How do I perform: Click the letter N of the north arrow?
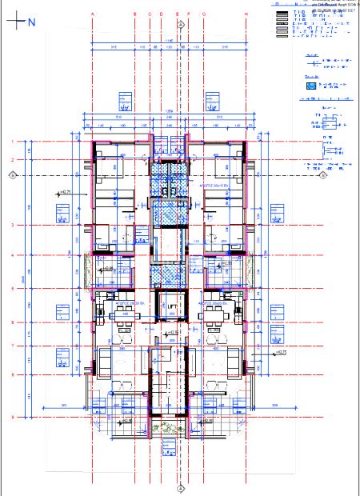coord(31,22)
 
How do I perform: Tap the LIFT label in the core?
coord(169,306)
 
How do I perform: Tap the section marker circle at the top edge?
coord(182,24)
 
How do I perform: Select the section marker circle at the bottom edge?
coord(182,485)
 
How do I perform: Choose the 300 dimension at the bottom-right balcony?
coord(274,406)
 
